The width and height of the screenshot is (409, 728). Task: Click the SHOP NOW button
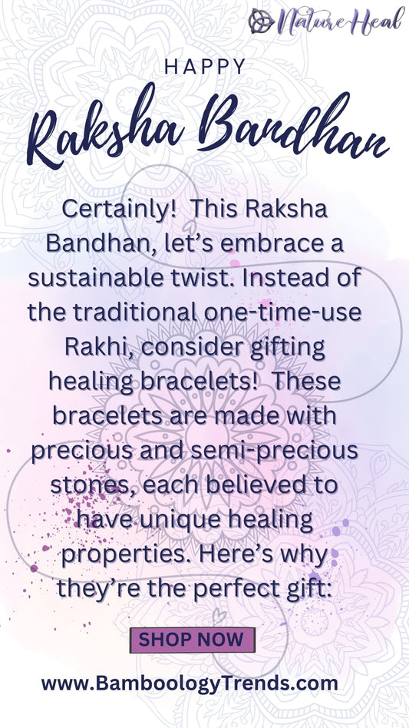(x=193, y=640)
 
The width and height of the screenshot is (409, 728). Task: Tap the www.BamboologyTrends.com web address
(x=190, y=683)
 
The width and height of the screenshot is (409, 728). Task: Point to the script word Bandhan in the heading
(x=293, y=123)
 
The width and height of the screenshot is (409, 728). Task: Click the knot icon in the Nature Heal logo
(x=262, y=21)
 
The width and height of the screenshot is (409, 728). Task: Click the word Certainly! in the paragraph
(x=118, y=210)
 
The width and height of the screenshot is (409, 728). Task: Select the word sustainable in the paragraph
(x=96, y=278)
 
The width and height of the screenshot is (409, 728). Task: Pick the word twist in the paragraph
(x=202, y=278)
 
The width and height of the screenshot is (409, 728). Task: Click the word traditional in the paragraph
(x=135, y=312)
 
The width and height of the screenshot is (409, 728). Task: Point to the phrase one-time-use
(x=282, y=312)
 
